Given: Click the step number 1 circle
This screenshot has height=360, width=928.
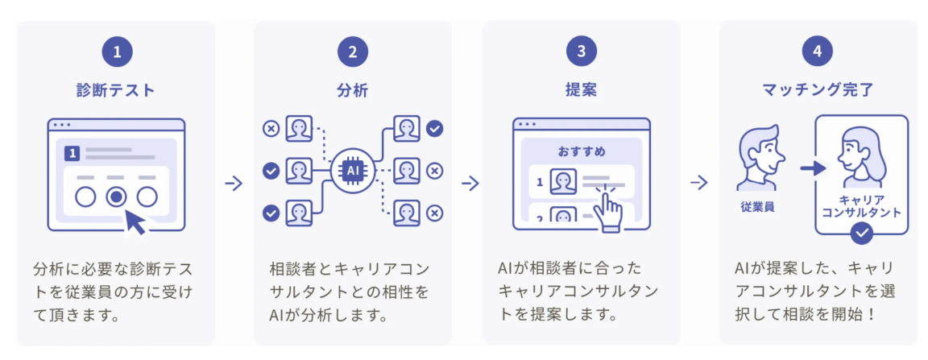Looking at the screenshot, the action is [x=117, y=52].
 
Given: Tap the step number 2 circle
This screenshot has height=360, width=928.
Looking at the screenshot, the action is [x=353, y=52].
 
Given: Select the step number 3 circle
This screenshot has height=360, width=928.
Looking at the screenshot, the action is [x=581, y=52].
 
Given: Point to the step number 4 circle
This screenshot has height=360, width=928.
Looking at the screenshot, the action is [x=818, y=52].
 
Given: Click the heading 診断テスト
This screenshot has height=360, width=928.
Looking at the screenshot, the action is [x=116, y=90].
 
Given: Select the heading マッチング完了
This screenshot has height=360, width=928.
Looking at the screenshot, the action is [x=818, y=90].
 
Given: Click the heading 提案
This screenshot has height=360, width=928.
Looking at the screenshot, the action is [x=581, y=90].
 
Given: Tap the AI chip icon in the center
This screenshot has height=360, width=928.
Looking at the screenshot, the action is [x=353, y=171].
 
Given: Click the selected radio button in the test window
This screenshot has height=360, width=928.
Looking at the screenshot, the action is [x=117, y=197].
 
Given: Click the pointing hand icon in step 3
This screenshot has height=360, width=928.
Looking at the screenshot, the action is [x=607, y=206].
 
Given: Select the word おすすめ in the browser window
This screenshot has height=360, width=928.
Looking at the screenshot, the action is [x=581, y=152].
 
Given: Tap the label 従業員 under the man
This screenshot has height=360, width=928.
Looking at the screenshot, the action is [x=758, y=207].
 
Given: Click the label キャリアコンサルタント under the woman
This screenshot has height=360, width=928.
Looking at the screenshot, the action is [x=862, y=205].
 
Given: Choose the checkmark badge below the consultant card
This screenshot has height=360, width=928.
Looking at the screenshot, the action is [x=861, y=234].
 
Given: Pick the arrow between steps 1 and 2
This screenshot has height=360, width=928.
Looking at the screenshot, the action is [x=234, y=184].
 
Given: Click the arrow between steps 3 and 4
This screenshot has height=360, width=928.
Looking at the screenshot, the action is [x=699, y=184].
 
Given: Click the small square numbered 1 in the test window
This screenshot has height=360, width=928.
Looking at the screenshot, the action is [x=72, y=153].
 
